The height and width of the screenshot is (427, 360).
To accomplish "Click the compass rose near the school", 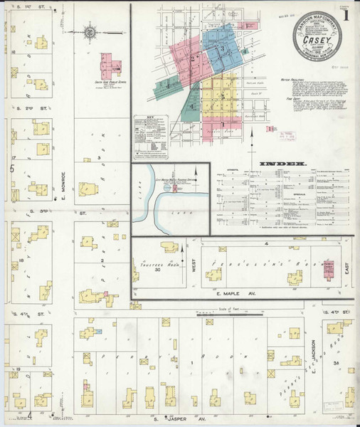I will pos(91,33).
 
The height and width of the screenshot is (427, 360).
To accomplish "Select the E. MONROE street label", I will pos(63,178).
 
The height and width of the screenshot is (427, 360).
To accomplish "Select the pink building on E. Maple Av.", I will pos(329,267).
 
